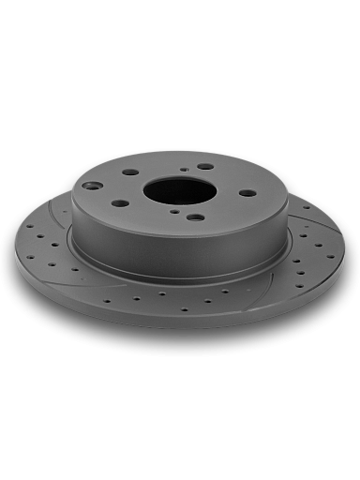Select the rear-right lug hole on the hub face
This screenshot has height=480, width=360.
tap(204, 167)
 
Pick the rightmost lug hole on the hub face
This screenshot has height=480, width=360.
tap(247, 193)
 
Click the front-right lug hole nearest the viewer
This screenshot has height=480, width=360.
tap(195, 217)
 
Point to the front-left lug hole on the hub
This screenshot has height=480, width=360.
tap(121, 202)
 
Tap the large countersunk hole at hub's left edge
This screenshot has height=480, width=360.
tap(91, 186)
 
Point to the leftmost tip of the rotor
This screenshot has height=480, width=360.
tap(15, 247)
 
